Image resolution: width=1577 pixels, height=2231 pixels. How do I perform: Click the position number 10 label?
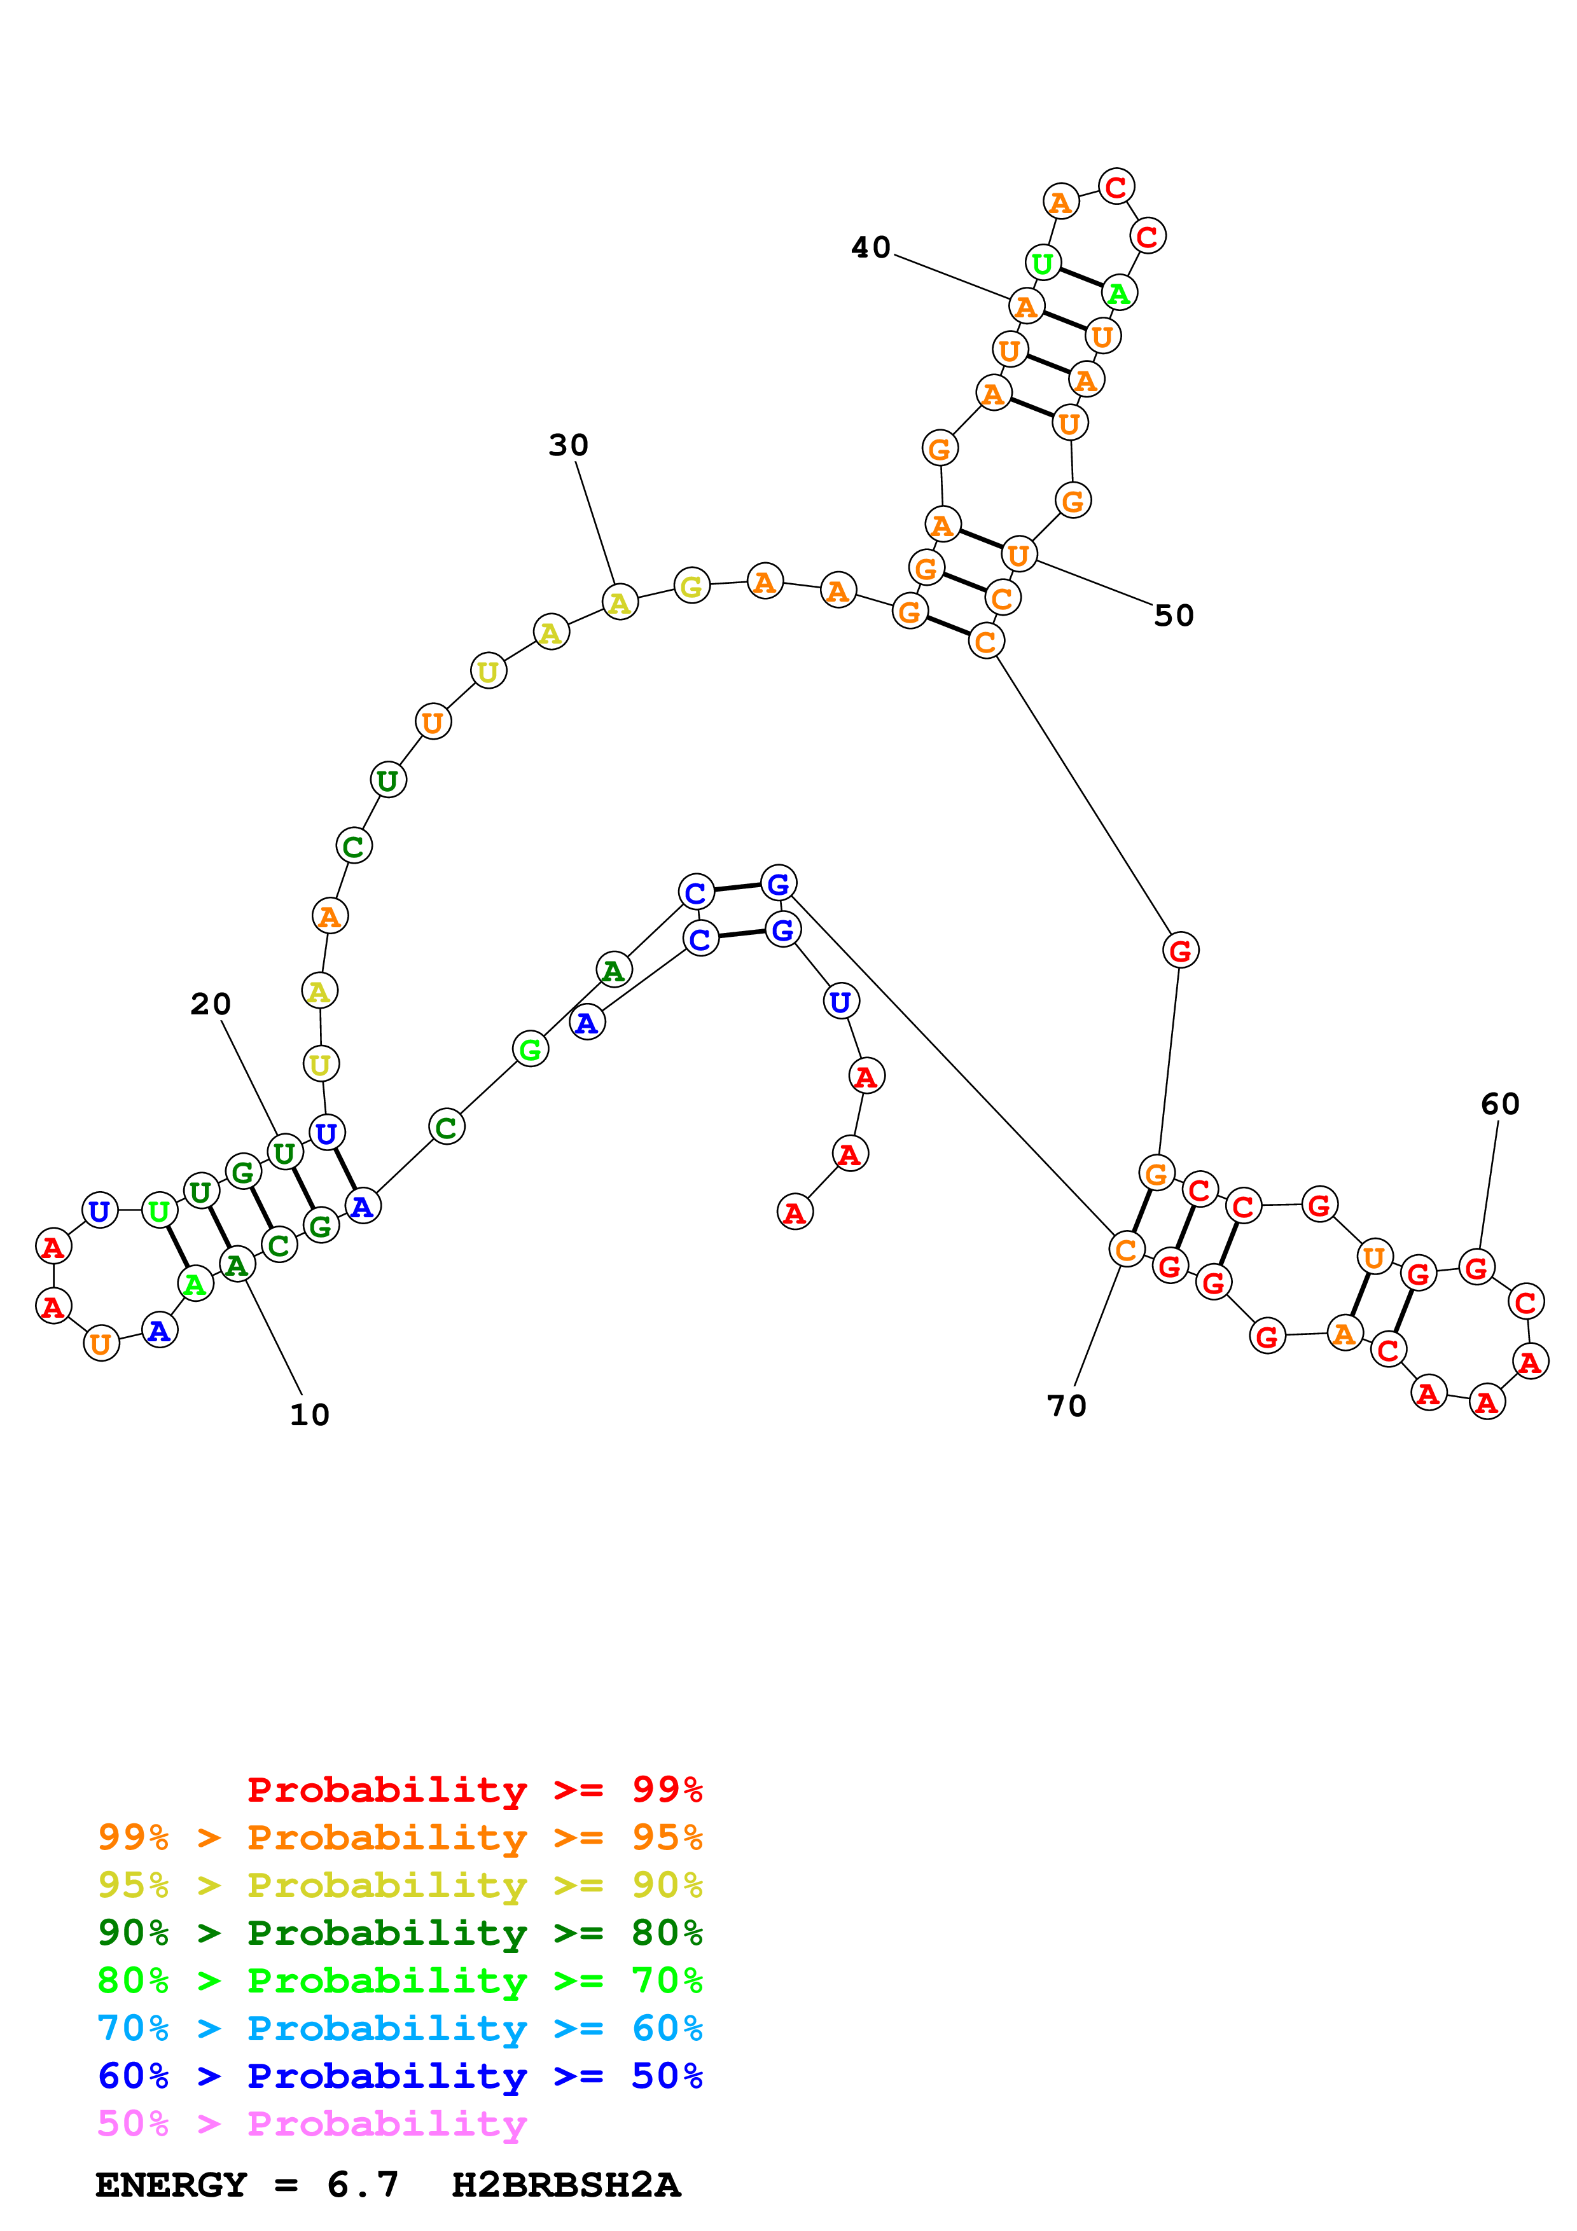309,1416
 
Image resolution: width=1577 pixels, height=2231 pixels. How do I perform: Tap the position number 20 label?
210,1005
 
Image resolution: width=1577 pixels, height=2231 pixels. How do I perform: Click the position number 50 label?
1173,616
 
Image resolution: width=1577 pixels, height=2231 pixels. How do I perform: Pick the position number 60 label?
1499,1104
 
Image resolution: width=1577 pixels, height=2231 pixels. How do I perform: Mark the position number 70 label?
1066,1406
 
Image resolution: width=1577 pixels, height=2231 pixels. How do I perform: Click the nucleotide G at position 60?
1476,1268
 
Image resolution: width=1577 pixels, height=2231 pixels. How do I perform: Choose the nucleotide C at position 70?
1126,1250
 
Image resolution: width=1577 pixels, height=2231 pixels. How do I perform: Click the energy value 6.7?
363,2185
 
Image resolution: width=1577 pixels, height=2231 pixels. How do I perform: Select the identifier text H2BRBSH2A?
566,2185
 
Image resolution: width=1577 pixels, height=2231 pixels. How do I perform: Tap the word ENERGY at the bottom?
171,2185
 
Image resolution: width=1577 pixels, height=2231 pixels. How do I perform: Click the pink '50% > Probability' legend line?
311,2124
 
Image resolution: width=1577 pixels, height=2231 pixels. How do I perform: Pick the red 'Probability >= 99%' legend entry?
474,1790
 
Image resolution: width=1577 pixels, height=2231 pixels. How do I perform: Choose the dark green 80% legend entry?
399,1933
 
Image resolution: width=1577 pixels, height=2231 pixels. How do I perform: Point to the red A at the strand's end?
795,1213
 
